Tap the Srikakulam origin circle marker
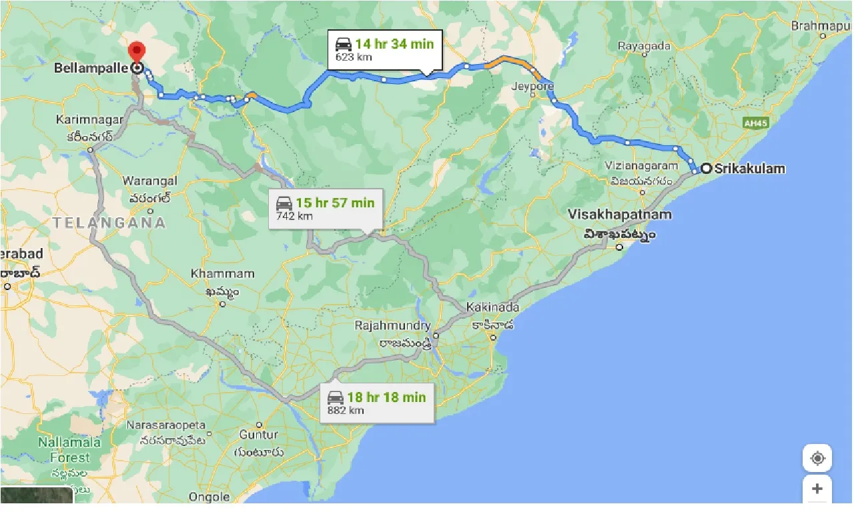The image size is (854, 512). [705, 168]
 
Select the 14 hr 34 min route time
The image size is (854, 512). [394, 44]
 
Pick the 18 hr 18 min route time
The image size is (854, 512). [386, 397]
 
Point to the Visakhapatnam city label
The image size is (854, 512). [620, 215]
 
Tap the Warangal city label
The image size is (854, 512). [149, 181]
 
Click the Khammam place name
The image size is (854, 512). [222, 273]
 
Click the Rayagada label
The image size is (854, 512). [644, 46]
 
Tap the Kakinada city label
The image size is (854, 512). [492, 307]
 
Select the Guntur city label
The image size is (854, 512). [259, 435]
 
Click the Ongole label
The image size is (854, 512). [209, 497]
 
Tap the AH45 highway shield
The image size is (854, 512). [755, 123]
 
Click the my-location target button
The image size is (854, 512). [817, 459]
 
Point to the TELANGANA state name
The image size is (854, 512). [109, 223]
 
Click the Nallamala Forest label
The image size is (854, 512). [69, 450]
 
